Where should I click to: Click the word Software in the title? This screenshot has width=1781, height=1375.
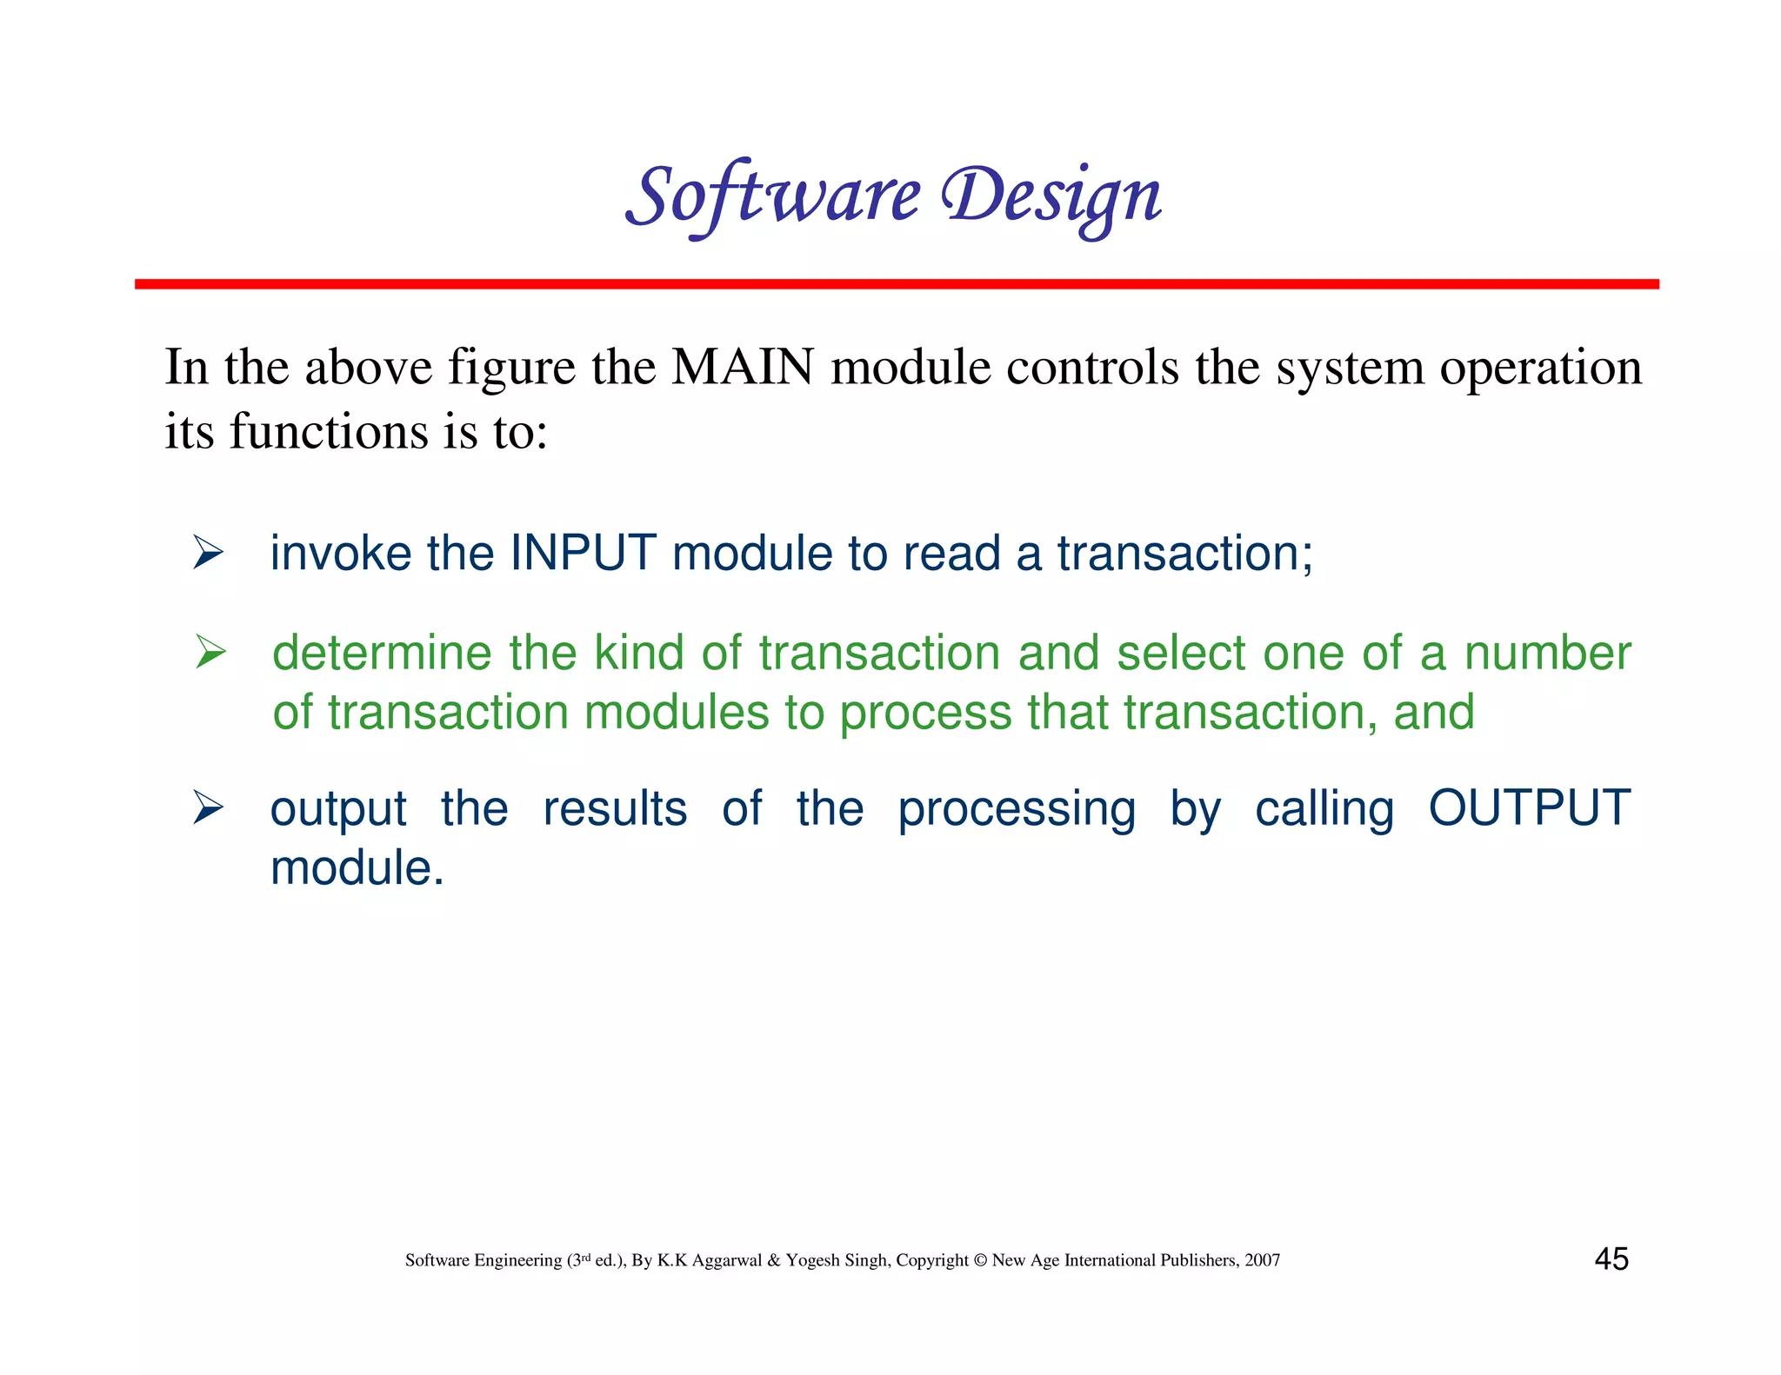pos(772,196)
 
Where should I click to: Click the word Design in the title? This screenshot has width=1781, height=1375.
pos(1051,196)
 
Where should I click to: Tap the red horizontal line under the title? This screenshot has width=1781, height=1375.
pos(896,284)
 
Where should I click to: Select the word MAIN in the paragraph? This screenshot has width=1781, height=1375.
pos(743,367)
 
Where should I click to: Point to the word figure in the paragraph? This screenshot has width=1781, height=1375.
pos(511,369)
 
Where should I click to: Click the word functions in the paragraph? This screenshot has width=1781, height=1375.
pos(329,431)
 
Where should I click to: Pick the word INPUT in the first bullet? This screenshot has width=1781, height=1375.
pos(583,553)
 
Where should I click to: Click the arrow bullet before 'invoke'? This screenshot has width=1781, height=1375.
pos(209,553)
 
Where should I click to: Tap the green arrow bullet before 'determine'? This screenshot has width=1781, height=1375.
pos(210,652)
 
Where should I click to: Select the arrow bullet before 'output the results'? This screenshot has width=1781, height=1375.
pos(209,807)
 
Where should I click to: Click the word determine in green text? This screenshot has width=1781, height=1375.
pos(381,653)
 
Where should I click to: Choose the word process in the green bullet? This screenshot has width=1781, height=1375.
pos(925,714)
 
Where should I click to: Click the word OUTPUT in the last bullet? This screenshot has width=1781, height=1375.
pos(1529,807)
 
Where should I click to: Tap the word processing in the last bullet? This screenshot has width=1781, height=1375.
pos(1016,810)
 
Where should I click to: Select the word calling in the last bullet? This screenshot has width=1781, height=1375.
pos(1324,810)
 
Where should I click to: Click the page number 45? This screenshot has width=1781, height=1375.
pos(1611,1259)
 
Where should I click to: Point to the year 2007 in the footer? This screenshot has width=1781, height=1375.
pos(1262,1260)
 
